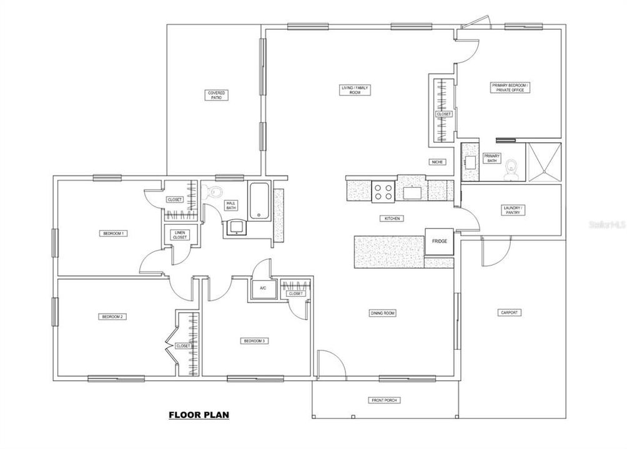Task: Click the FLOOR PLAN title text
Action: click(x=199, y=414)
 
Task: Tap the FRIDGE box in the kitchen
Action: click(x=439, y=241)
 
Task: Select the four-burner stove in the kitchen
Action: click(x=383, y=191)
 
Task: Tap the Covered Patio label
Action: click(x=217, y=95)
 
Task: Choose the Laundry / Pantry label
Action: click(x=511, y=210)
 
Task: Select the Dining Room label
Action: click(x=382, y=313)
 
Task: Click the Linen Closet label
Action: click(x=179, y=235)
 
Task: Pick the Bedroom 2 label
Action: click(x=113, y=317)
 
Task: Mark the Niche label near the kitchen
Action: click(x=437, y=162)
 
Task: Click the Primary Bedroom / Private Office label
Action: click(x=510, y=87)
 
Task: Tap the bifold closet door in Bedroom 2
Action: click(x=169, y=345)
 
